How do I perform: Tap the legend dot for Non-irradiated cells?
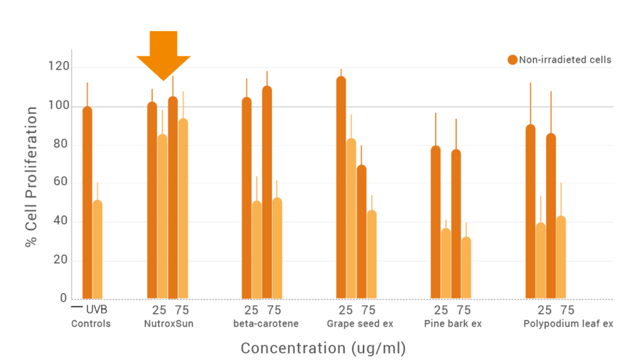(x=512, y=60)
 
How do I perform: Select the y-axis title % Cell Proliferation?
(x=31, y=177)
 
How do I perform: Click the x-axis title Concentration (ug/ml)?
(x=323, y=348)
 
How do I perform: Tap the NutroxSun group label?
(x=169, y=324)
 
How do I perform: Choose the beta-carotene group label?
(x=266, y=324)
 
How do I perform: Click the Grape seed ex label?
(x=360, y=324)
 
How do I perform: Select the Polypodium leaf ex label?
(x=568, y=324)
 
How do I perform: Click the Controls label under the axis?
(x=91, y=324)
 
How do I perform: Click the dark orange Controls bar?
(x=87, y=203)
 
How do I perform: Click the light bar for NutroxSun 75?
(x=183, y=209)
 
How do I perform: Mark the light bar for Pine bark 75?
(x=466, y=268)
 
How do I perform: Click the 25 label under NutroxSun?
(x=159, y=310)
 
